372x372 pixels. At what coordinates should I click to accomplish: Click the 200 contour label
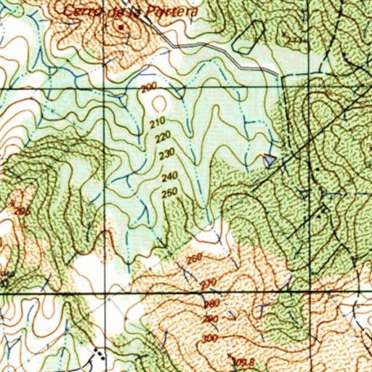[150, 89]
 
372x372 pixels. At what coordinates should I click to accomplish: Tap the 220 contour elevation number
[163, 136]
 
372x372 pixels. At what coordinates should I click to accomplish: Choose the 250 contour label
[170, 192]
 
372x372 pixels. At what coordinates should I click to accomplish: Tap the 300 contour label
[211, 338]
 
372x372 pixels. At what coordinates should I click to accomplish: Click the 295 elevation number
[23, 211]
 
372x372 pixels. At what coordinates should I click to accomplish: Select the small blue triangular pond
[270, 159]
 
